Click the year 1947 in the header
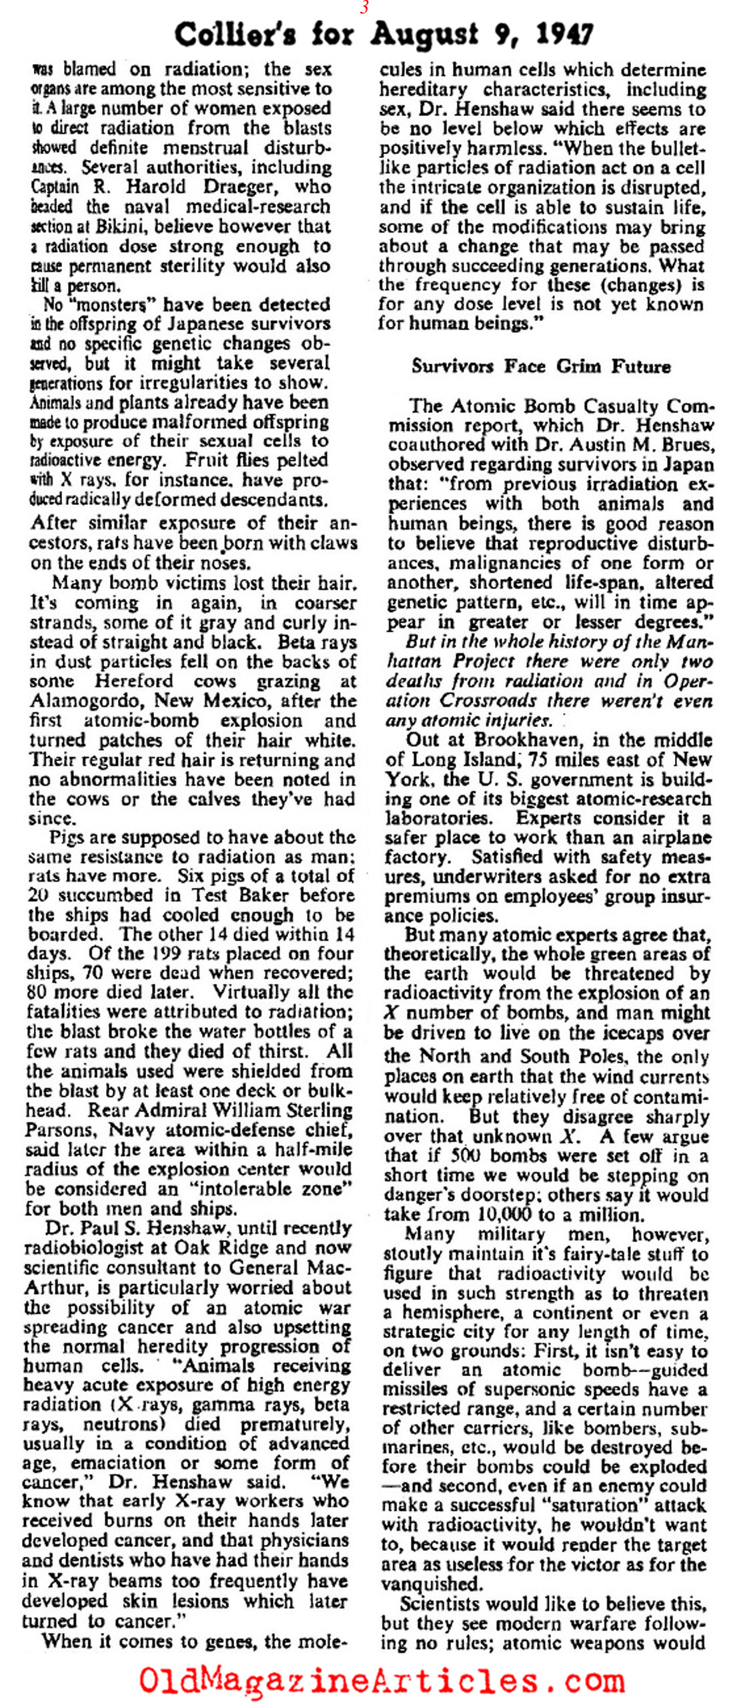pos(560,33)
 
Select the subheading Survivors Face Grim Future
pos(541,366)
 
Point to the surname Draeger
pos(239,187)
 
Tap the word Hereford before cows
pos(135,681)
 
